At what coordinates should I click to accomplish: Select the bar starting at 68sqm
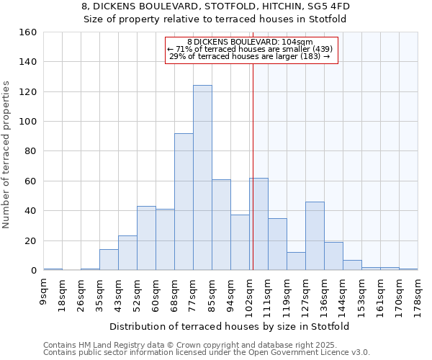click(x=184, y=202)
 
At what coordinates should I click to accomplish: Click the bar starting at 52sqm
click(x=146, y=238)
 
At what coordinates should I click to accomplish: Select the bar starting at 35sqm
click(x=109, y=260)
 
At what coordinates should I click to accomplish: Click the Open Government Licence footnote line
click(x=207, y=353)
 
